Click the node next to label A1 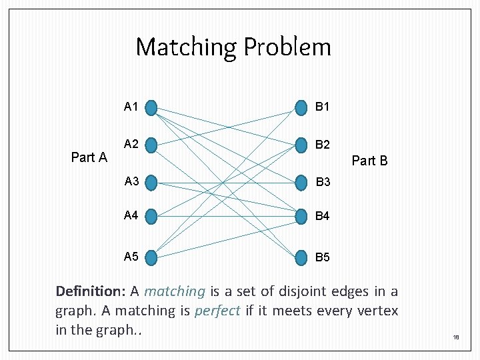click(151, 107)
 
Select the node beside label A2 click(151, 145)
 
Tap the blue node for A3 click(151, 182)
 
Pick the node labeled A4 click(151, 216)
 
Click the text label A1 click(131, 107)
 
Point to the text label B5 click(323, 257)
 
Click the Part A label click(89, 157)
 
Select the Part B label click(369, 161)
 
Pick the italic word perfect click(217, 311)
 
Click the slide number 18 click(456, 338)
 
